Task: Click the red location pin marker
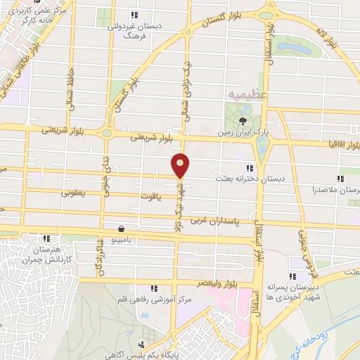(181, 165)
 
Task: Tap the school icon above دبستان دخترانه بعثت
(249, 168)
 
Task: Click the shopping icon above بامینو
(122, 229)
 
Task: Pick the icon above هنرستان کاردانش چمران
(46, 238)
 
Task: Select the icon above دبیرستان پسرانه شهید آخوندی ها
(292, 276)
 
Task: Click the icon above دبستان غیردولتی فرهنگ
(134, 15)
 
